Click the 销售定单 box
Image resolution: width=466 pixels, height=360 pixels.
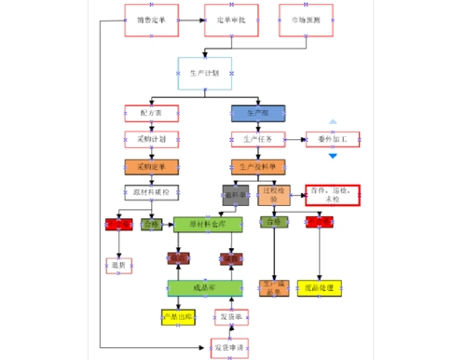[151, 20]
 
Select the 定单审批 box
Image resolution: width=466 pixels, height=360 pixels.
[231, 20]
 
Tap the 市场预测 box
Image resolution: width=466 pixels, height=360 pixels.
[306, 20]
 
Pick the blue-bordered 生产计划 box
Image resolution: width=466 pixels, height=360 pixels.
[205, 74]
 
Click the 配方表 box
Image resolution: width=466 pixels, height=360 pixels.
[151, 113]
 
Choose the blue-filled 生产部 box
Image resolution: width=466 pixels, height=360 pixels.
[258, 113]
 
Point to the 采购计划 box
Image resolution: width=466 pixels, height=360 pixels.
[151, 140]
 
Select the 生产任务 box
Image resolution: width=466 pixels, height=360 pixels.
[258, 140]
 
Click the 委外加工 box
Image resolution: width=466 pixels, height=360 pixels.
[333, 140]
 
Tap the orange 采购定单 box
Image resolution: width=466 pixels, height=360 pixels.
[151, 167]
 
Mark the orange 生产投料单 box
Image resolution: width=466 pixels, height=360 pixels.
[258, 167]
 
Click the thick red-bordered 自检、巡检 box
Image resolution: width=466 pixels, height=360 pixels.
[333, 194]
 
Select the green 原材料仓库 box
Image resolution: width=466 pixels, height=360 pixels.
[208, 225]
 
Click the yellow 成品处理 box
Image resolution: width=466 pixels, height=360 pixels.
[320, 289]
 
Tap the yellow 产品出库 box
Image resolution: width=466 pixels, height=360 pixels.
[178, 317]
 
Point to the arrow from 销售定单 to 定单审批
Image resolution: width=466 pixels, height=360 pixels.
[191, 20]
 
